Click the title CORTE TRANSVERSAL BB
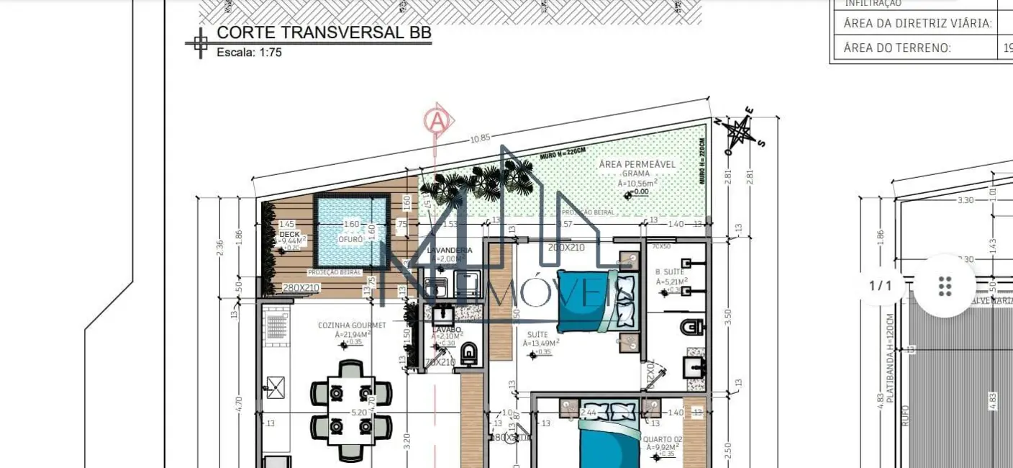[x=324, y=32]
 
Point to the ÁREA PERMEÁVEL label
[x=637, y=164]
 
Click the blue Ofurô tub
[x=351, y=229]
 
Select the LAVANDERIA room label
[x=450, y=250]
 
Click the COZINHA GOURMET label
[x=352, y=325]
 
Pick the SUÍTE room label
[x=537, y=335]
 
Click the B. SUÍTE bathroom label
[x=669, y=272]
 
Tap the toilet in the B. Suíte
[x=692, y=328]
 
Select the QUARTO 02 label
[x=663, y=439]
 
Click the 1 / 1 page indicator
[x=881, y=286]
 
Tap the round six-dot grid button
[x=945, y=286]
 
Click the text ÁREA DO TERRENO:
[x=897, y=48]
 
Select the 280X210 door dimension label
[x=301, y=288]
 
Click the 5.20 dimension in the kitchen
[x=358, y=413]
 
